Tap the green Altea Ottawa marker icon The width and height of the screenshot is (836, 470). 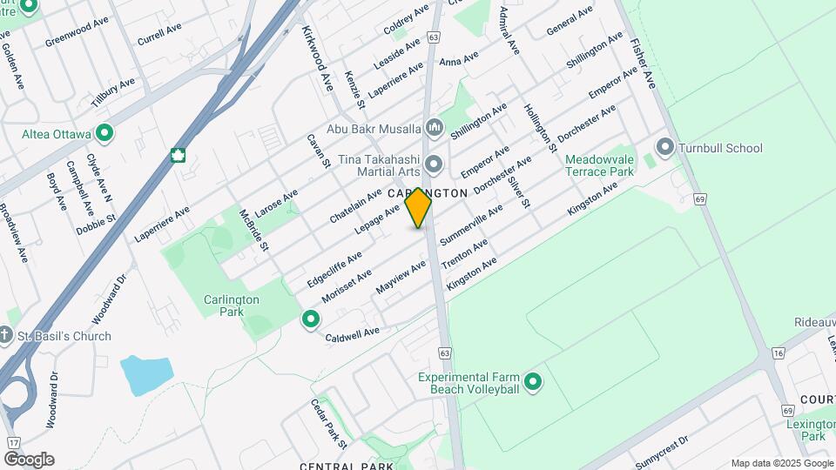pyautogui.click(x=105, y=133)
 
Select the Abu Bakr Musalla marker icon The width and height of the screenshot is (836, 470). pyautogui.click(x=435, y=130)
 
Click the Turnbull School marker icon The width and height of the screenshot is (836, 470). pyautogui.click(x=666, y=147)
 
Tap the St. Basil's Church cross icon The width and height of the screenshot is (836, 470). pyautogui.click(x=5, y=336)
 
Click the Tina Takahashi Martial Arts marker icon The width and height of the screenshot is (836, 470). pyautogui.click(x=435, y=164)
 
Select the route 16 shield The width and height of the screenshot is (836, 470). pyautogui.click(x=778, y=352)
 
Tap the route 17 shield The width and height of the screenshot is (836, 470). pyautogui.click(x=11, y=444)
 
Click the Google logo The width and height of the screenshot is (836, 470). pyautogui.click(x=28, y=460)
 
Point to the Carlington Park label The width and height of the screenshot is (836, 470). pyautogui.click(x=232, y=305)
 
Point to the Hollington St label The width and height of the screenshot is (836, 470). pyautogui.click(x=540, y=127)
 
